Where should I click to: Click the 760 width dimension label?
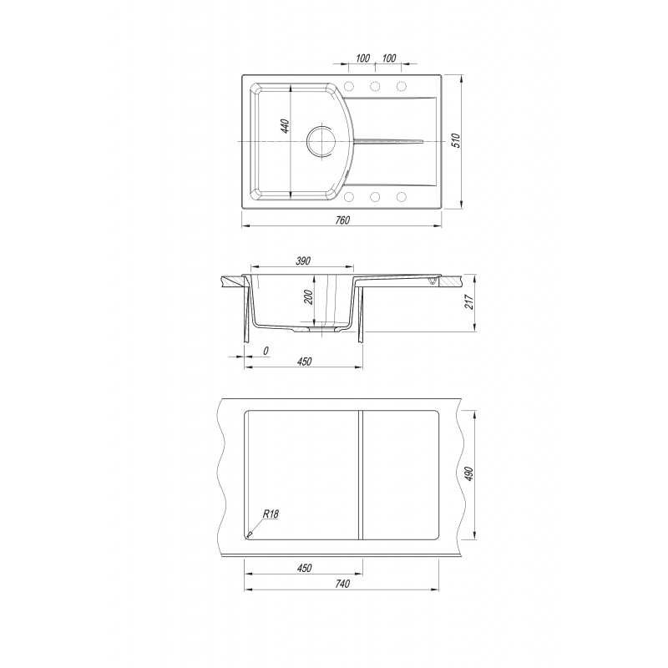pos(342,220)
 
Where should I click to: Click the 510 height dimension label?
pos(456,140)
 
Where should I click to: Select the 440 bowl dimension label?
pos(285,126)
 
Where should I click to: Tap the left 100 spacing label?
pos(362,58)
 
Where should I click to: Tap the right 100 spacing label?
pos(388,58)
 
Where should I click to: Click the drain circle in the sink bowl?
pos(321,140)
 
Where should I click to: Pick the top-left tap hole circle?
pos(348,87)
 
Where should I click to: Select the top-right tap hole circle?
pos(401,87)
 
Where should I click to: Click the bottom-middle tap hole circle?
pos(375,197)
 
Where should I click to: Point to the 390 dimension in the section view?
pos(303,261)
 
